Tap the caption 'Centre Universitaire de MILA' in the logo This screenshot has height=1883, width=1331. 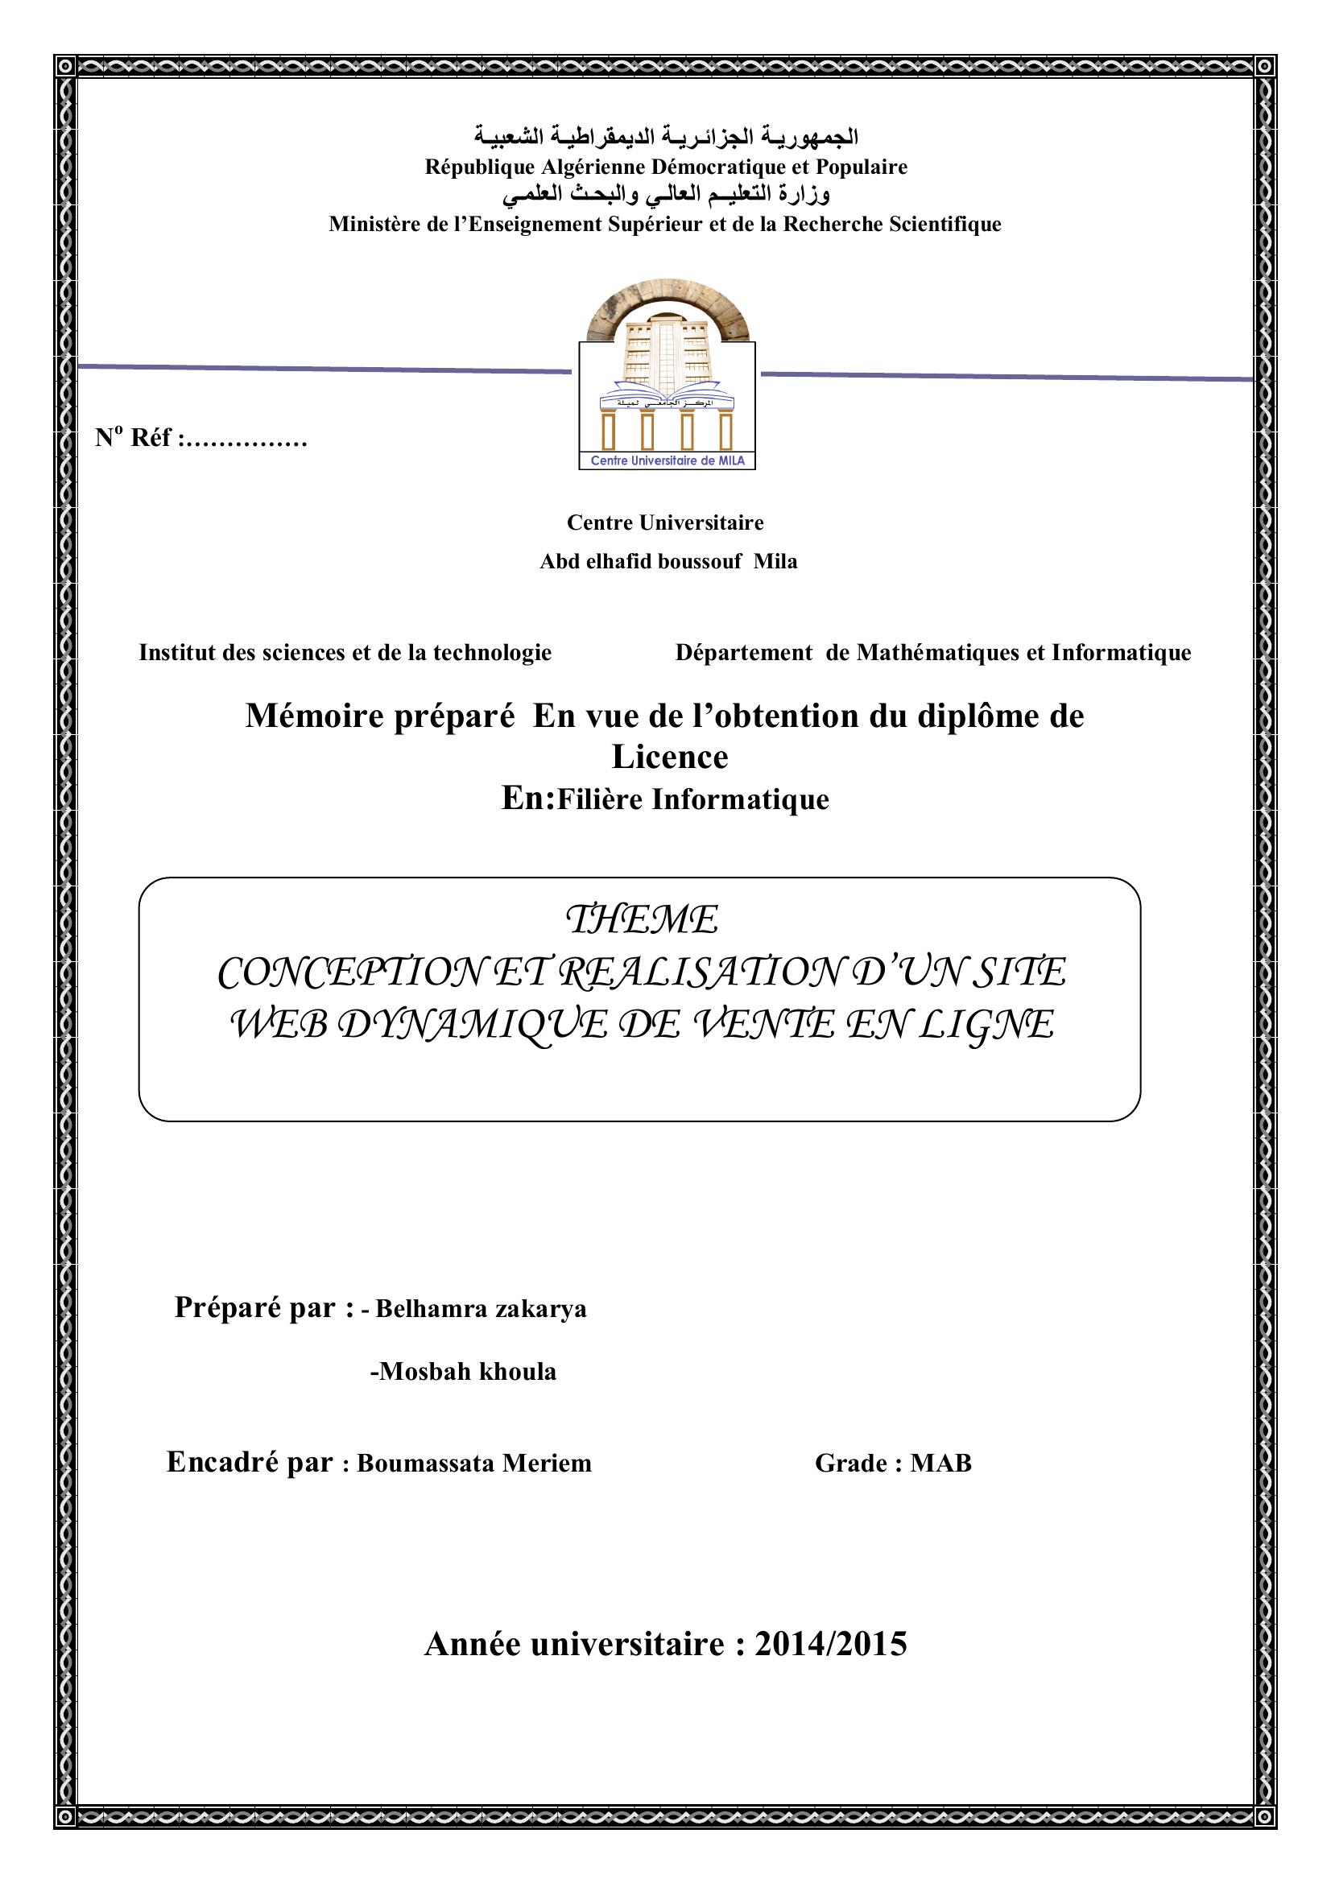point(668,461)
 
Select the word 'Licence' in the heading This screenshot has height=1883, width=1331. point(669,756)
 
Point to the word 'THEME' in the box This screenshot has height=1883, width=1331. point(642,920)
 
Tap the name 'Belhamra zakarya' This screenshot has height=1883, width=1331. point(481,1309)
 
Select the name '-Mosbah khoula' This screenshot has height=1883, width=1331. point(463,1371)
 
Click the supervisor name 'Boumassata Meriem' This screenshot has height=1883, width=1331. point(474,1463)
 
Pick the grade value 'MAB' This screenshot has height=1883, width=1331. point(940,1463)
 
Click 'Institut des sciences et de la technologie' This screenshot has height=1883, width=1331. point(345,653)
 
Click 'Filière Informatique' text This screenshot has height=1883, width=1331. point(693,799)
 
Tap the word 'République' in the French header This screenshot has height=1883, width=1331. point(480,167)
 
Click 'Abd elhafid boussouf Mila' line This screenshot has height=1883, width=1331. point(668,562)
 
